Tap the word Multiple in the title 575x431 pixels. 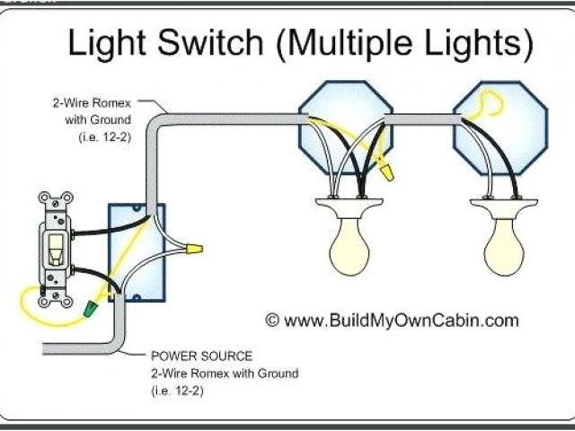[x=356, y=41]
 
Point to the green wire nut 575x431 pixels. [x=90, y=308]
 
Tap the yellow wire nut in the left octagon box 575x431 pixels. [x=386, y=168]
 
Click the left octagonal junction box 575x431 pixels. [x=346, y=126]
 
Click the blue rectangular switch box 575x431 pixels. [x=137, y=251]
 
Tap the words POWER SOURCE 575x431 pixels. [x=189, y=356]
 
